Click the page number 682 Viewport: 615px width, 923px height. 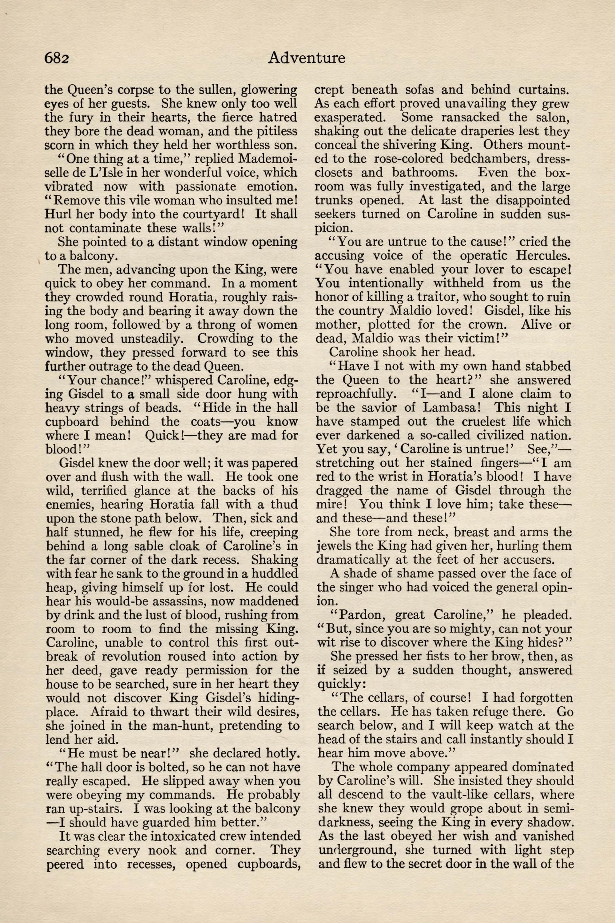[x=57, y=58]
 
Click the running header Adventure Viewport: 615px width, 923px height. [x=306, y=58]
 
